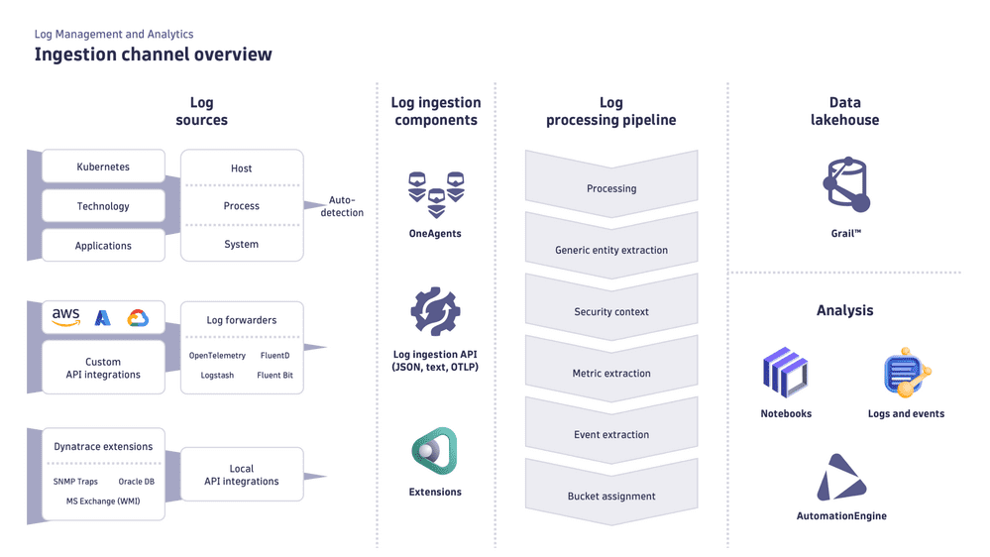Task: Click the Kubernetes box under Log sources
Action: click(x=103, y=167)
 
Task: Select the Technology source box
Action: click(x=103, y=206)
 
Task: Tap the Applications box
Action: click(x=103, y=246)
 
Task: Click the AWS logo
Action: click(x=65, y=317)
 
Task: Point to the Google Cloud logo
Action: click(x=138, y=318)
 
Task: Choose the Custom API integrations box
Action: click(x=103, y=369)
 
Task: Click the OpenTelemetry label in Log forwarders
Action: click(x=217, y=356)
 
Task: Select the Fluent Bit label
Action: click(x=275, y=376)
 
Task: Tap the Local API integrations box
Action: click(x=242, y=475)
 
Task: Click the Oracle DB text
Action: click(x=136, y=482)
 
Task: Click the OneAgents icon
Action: click(x=435, y=195)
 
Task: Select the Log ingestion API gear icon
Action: click(x=435, y=312)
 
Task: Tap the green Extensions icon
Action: click(x=435, y=452)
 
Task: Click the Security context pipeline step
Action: click(x=611, y=312)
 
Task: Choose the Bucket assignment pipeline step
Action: click(x=611, y=497)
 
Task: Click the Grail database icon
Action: click(x=845, y=185)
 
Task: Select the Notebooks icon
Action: click(x=786, y=374)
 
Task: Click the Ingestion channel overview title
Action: click(x=153, y=55)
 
